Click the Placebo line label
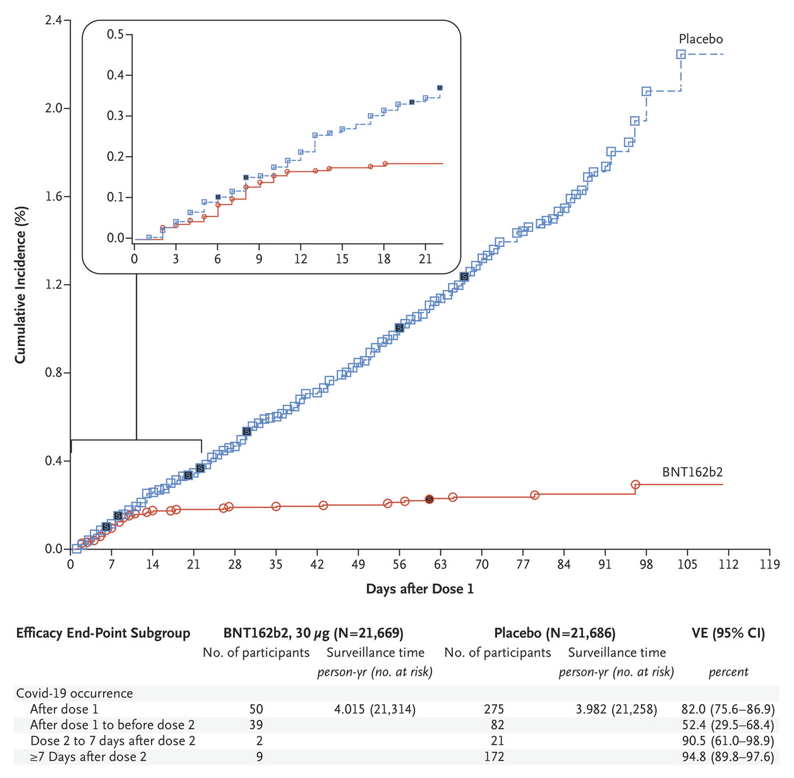(x=701, y=39)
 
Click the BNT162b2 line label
(x=692, y=472)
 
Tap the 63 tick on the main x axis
(x=440, y=564)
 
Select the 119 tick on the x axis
(x=769, y=564)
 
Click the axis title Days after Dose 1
(x=419, y=589)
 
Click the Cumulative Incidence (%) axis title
(x=21, y=284)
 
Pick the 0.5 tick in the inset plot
(x=115, y=34)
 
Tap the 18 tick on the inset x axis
(x=383, y=260)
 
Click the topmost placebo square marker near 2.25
(x=681, y=54)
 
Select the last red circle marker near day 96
(x=635, y=484)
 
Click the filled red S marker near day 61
(x=430, y=499)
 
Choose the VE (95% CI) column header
(x=728, y=633)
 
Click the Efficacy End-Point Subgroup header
(x=103, y=633)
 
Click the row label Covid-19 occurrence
(x=75, y=693)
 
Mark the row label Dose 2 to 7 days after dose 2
(x=112, y=741)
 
